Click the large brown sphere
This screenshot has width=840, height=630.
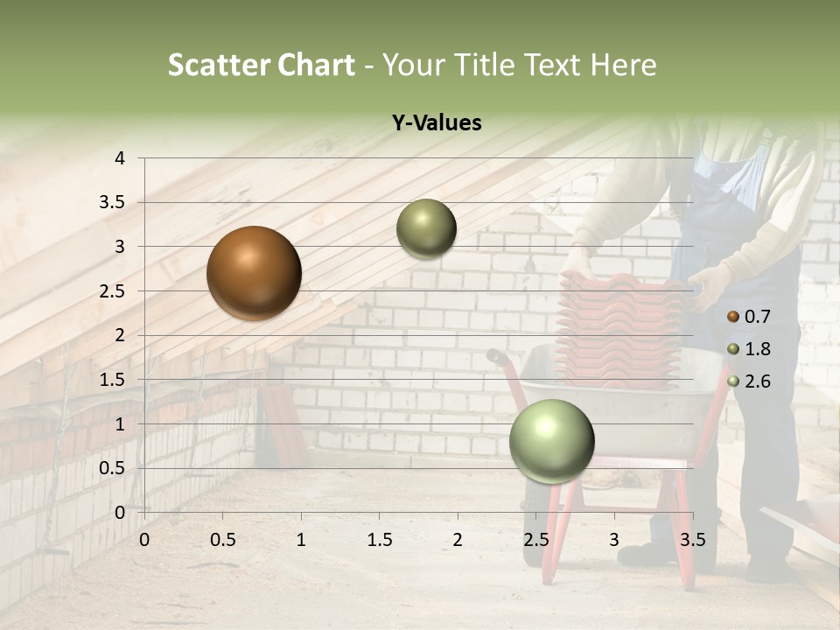pyautogui.click(x=254, y=273)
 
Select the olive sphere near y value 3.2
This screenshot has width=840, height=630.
pyautogui.click(x=426, y=228)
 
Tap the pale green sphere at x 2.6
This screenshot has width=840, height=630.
pyautogui.click(x=551, y=441)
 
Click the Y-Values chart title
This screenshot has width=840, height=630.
pyautogui.click(x=436, y=123)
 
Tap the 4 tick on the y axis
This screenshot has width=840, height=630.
pyautogui.click(x=120, y=158)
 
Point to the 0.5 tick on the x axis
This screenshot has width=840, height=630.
pyautogui.click(x=223, y=540)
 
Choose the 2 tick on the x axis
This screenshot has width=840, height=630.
pyautogui.click(x=458, y=540)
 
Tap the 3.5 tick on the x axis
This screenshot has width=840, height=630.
pyautogui.click(x=692, y=540)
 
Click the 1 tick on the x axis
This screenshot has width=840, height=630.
pyautogui.click(x=301, y=540)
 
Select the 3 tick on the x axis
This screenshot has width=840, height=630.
pyautogui.click(x=614, y=540)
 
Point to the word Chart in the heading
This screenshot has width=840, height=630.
pyautogui.click(x=317, y=65)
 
